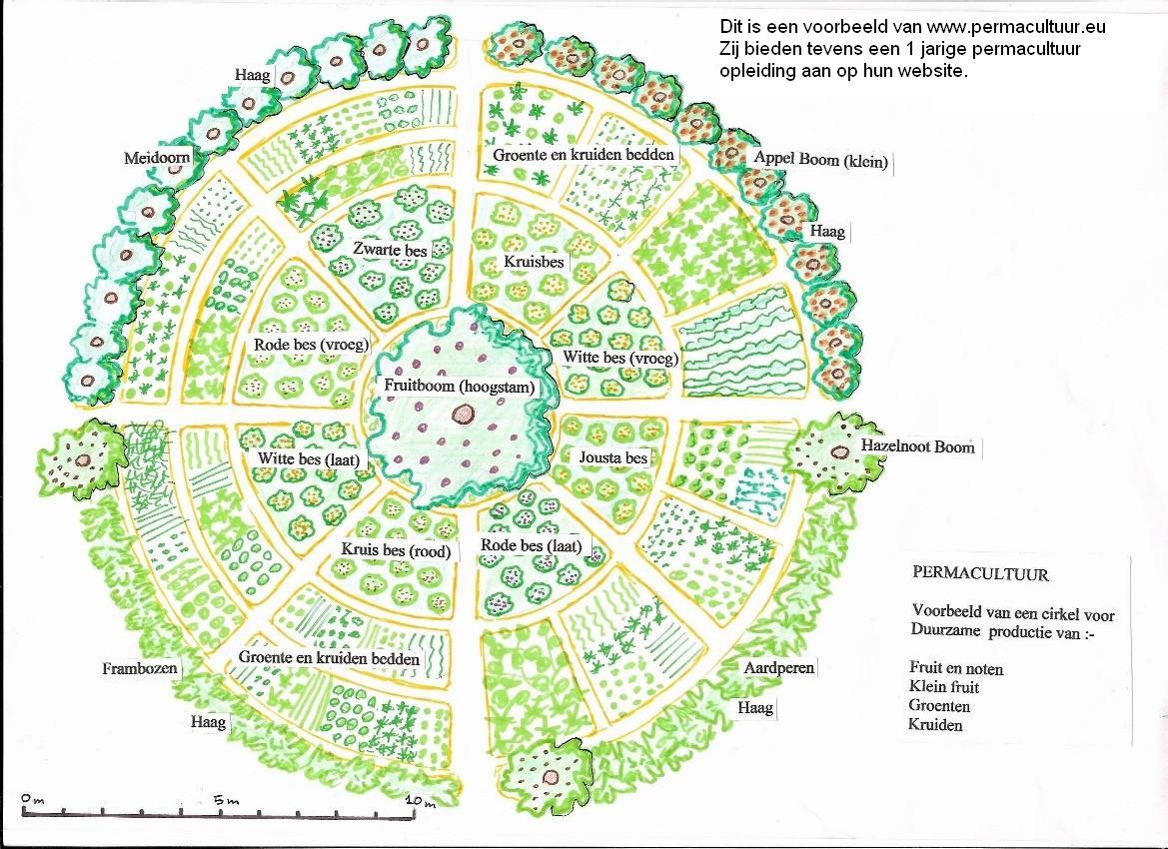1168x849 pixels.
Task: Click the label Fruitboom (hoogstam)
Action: [x=460, y=387]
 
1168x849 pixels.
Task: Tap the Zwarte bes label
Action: [x=391, y=250]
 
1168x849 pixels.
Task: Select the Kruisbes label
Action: [x=534, y=262]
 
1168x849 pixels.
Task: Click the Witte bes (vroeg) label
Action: [x=620, y=358]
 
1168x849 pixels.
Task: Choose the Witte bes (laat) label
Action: [x=309, y=458]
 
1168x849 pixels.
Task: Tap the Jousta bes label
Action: [x=613, y=457]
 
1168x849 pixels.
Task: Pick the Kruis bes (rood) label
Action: [x=397, y=551]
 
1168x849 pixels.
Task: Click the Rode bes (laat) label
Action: [x=531, y=546]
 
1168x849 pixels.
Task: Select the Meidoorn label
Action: [x=157, y=158]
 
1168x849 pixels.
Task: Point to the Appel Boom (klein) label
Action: [x=821, y=159]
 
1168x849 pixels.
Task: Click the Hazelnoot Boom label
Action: [x=917, y=446]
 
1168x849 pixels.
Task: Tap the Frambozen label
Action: [x=140, y=668]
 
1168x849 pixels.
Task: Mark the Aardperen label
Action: [x=778, y=667]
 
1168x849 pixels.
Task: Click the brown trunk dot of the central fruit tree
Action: [x=464, y=414]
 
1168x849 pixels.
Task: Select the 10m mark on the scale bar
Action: [x=422, y=801]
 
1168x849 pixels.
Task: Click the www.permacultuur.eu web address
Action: [x=1016, y=27]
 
